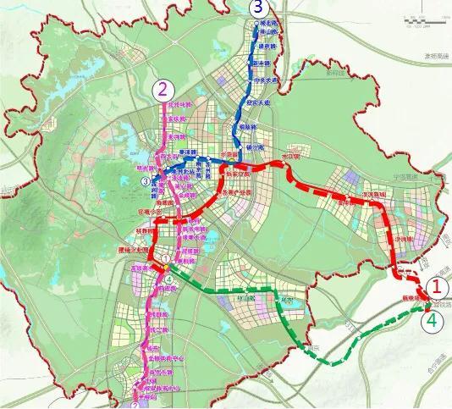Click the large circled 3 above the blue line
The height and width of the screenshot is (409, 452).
pos(258,8)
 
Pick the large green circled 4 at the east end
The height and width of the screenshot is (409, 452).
pos(433,321)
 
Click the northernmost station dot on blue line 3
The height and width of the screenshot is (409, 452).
pos(257,30)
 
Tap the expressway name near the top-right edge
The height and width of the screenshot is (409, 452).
pos(434,55)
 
